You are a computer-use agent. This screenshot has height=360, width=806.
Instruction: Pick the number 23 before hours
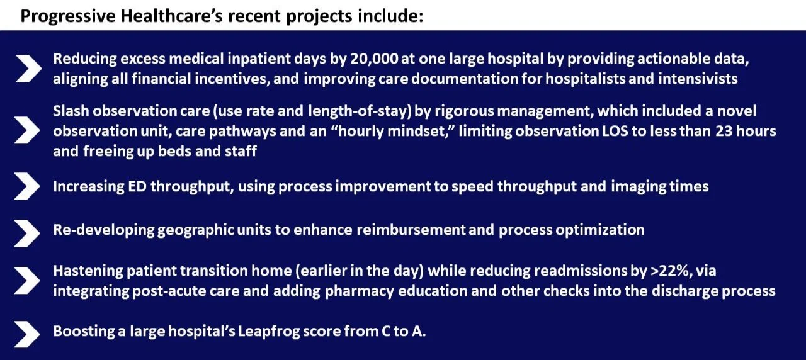click(722, 132)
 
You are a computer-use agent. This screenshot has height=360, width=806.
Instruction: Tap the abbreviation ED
click(130, 187)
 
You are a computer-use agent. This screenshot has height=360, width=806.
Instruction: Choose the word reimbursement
click(411, 230)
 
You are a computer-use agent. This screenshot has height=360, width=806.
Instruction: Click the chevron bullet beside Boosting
click(27, 332)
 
